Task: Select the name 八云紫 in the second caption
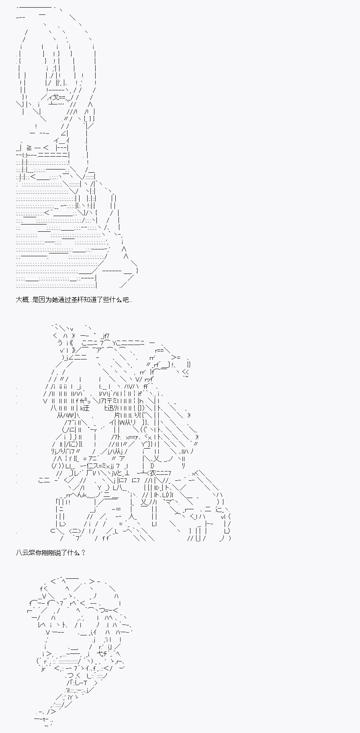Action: (26, 552)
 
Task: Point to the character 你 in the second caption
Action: (39, 552)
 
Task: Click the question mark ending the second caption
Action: (83, 552)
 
